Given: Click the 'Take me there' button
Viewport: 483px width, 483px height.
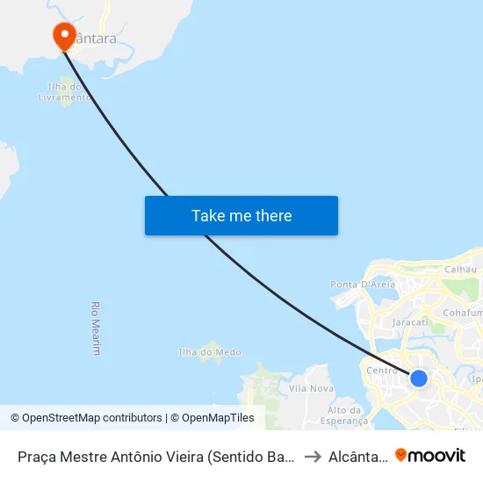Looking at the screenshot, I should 241,216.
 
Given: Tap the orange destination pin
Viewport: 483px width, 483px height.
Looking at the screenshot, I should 64,36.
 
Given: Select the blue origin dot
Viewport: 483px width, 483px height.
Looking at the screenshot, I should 419,378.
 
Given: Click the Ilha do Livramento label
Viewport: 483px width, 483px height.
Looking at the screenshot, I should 64,92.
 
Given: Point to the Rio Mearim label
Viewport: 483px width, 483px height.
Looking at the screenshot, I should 95,328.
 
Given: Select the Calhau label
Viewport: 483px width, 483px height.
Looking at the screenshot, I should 460,270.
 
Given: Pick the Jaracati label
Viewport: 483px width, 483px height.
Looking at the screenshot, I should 410,322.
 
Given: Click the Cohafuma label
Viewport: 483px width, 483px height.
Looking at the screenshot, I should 463,313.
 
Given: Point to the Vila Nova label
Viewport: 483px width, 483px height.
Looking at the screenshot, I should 311,388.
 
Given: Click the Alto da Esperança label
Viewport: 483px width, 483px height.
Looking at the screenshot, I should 344,415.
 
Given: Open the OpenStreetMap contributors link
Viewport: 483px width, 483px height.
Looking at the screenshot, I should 86,418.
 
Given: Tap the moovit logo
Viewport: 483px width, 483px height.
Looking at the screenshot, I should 430,455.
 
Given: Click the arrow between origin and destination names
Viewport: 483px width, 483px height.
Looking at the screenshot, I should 312,456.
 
